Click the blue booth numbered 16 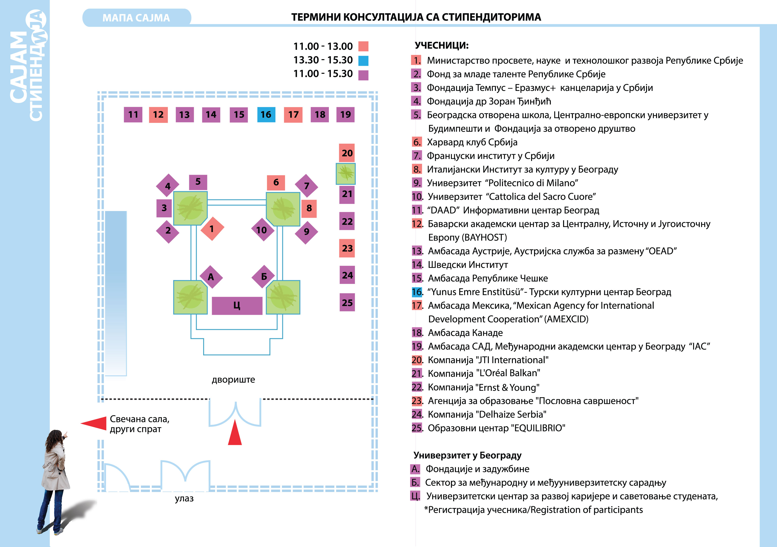coord(266,115)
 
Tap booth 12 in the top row coord(158,115)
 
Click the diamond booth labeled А coord(211,277)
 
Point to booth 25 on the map coord(347,302)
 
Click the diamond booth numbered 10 coord(263,230)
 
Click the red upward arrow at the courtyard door coord(235,432)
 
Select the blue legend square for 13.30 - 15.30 coord(363,61)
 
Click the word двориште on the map coord(234,380)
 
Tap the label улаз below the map coord(184,498)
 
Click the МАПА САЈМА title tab coord(136,18)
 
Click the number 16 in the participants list coord(417,292)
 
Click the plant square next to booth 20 coord(346,174)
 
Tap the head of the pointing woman coord(55,437)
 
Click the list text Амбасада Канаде coord(465,333)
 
